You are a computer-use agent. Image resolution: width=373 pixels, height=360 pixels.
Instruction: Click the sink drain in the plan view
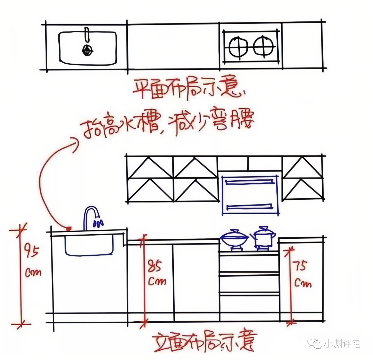[87, 51]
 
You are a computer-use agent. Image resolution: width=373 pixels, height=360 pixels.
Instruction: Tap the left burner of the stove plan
[238, 47]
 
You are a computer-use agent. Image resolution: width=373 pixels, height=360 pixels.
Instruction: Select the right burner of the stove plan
[263, 46]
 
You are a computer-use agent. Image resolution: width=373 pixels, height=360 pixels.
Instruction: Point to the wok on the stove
[235, 238]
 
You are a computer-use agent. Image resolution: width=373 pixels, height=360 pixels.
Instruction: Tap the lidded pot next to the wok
[264, 237]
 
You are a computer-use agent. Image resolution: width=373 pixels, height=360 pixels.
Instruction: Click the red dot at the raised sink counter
[69, 228]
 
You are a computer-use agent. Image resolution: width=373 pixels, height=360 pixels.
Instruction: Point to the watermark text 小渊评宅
[342, 344]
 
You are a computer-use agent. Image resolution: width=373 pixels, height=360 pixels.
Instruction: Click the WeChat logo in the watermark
[315, 343]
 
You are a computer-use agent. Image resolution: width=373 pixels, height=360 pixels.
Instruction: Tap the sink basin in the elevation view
[89, 245]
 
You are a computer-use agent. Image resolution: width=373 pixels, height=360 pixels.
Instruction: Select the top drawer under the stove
[249, 263]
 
